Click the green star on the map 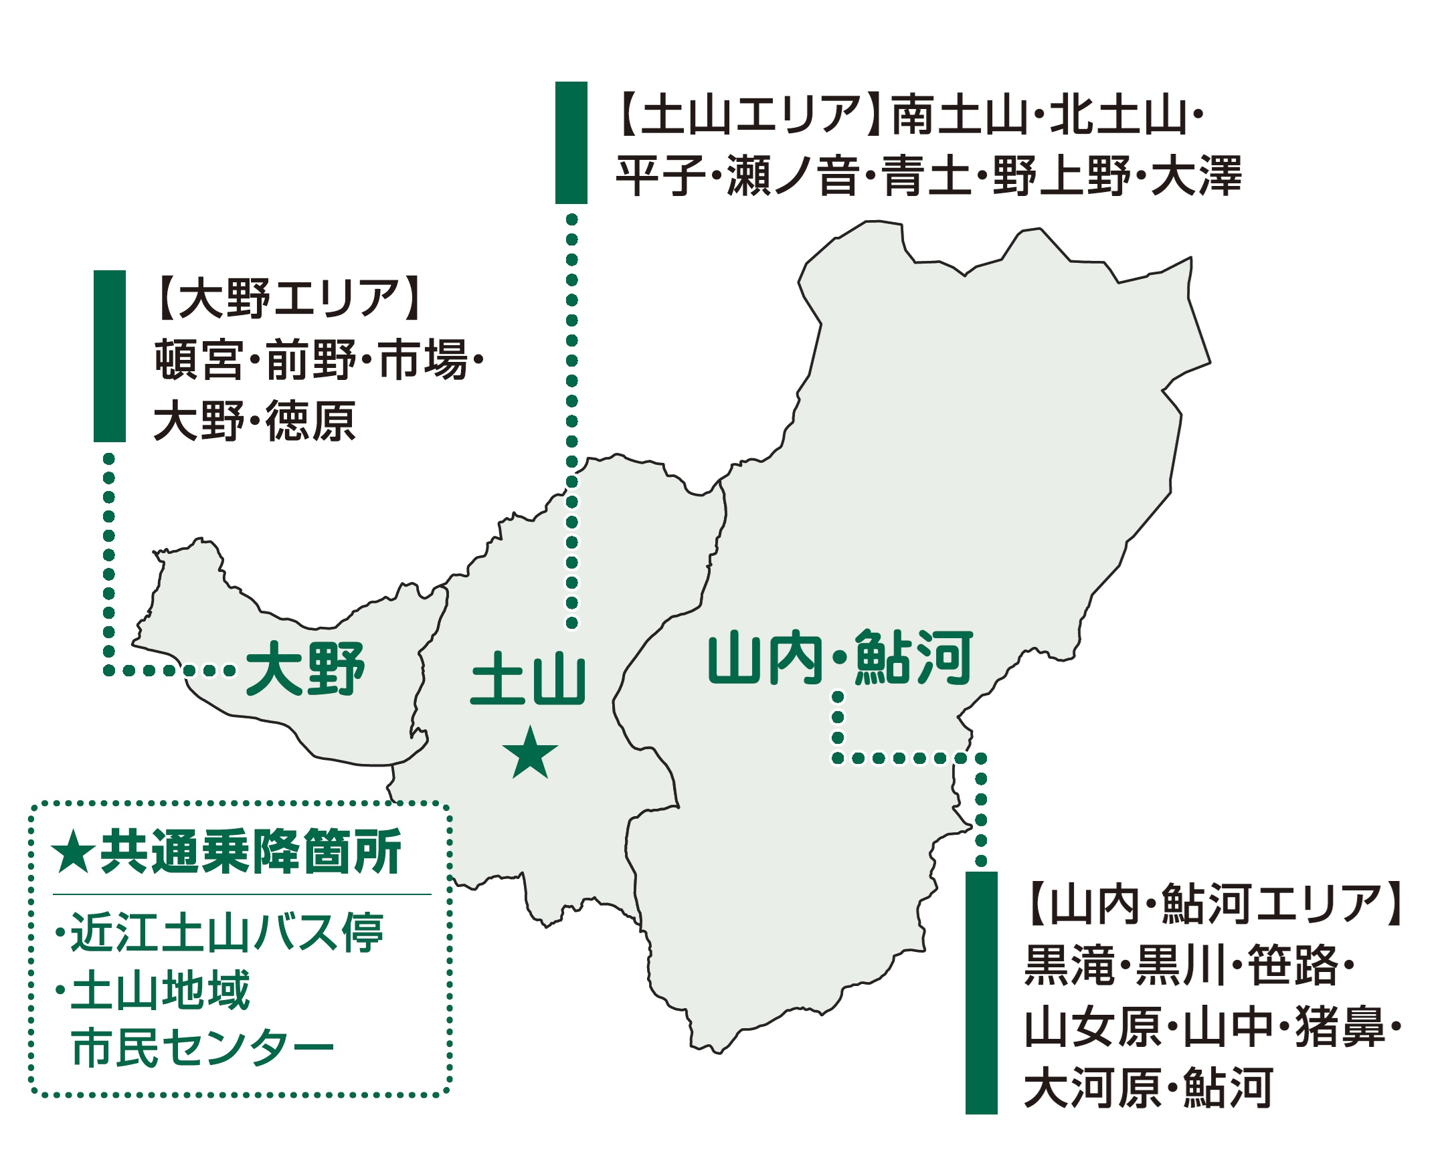coord(530,753)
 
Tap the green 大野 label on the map coord(305,669)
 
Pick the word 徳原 coord(310,421)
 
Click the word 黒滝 coord(1070,965)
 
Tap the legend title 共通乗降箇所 coord(250,852)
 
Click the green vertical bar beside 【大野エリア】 coord(110,356)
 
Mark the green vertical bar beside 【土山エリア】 coord(571,142)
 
